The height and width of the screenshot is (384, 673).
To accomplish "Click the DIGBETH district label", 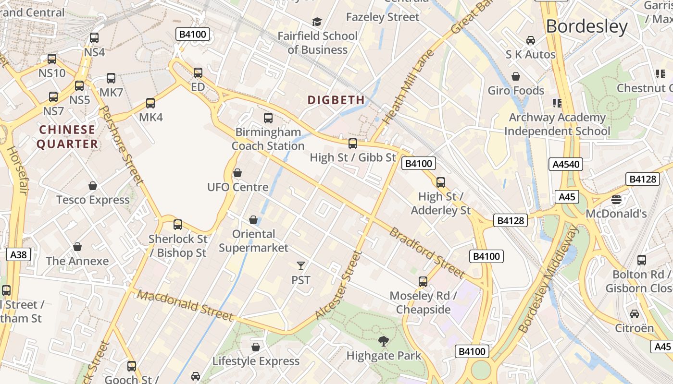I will [x=336, y=100].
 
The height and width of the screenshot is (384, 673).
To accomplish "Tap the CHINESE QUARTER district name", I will [x=67, y=137].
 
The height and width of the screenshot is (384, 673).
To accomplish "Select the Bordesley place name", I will [x=586, y=26].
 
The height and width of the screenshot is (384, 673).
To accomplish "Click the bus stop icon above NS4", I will [x=94, y=37].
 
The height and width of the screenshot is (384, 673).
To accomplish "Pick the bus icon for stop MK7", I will [x=111, y=78].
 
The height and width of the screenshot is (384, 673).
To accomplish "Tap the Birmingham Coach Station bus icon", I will [x=268, y=118].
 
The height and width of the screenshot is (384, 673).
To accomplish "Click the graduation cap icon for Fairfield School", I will [x=317, y=22].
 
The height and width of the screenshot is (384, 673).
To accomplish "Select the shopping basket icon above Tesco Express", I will [x=93, y=186].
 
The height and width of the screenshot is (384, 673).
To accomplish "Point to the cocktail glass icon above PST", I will [x=301, y=265].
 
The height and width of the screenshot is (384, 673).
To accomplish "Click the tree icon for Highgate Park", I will [x=384, y=341].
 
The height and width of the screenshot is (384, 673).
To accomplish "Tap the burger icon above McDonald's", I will [x=616, y=199].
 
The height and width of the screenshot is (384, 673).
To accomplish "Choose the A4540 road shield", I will [x=566, y=165].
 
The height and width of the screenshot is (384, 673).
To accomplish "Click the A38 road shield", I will [x=19, y=254].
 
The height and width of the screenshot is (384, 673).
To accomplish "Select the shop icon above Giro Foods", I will [x=516, y=76].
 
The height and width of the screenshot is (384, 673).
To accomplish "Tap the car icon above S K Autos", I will [x=530, y=40].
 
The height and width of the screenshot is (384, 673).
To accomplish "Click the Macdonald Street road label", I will [x=185, y=305].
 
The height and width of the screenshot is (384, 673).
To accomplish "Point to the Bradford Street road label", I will [x=427, y=253].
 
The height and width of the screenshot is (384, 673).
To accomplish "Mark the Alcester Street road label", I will [x=338, y=285].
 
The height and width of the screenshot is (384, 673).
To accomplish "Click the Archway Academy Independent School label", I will [x=557, y=124].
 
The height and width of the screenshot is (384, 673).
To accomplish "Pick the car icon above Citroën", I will [x=635, y=314].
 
